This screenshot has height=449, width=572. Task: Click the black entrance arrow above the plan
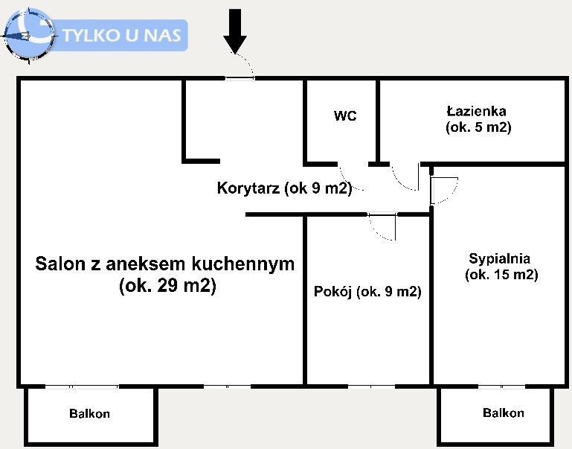point(236,31)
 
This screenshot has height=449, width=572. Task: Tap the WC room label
point(344,116)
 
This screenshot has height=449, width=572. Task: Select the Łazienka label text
point(477,111)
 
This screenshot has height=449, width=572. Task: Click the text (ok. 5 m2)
point(478,127)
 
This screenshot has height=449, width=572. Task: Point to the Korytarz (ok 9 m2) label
point(284,188)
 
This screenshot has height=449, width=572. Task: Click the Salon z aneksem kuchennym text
point(165,264)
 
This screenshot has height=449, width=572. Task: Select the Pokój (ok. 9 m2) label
point(367,292)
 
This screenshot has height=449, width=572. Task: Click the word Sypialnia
point(499,259)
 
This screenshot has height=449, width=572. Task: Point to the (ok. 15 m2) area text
point(501,275)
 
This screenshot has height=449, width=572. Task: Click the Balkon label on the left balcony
point(90,414)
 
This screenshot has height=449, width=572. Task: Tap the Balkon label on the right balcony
point(504,413)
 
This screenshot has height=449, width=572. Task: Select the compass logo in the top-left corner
point(28,34)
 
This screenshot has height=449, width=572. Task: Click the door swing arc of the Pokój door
point(384,227)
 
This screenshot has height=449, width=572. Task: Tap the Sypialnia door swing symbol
point(445,191)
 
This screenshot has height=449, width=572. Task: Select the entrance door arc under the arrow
point(241,67)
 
